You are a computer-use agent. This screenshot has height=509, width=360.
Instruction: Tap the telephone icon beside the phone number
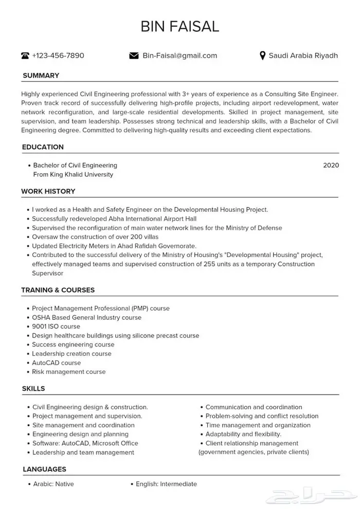(x=25, y=56)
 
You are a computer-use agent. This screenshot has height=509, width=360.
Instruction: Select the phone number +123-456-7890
(x=58, y=56)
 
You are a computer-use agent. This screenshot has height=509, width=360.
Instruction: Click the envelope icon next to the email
(x=134, y=56)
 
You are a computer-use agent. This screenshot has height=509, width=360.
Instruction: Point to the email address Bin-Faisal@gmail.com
(x=179, y=56)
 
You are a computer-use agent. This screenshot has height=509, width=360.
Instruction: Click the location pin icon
(x=262, y=56)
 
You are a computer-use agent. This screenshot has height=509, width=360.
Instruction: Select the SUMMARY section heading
(x=41, y=76)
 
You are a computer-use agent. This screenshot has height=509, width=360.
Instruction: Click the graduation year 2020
(x=331, y=166)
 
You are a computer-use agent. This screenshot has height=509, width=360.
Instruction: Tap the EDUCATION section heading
(x=43, y=147)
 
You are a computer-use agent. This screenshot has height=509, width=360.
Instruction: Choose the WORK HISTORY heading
(x=48, y=191)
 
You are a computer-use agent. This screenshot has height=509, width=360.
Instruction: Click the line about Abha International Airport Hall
(x=107, y=219)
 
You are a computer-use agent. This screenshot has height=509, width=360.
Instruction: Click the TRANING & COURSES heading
(x=58, y=290)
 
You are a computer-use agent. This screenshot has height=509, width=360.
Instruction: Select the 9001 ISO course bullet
(x=56, y=326)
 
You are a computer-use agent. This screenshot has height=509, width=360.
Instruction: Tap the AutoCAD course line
(x=56, y=363)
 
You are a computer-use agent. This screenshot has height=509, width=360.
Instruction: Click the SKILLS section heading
(x=33, y=389)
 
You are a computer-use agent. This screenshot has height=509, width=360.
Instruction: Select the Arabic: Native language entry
(x=53, y=484)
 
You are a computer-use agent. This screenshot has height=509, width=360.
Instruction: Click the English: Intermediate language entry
(x=166, y=484)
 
